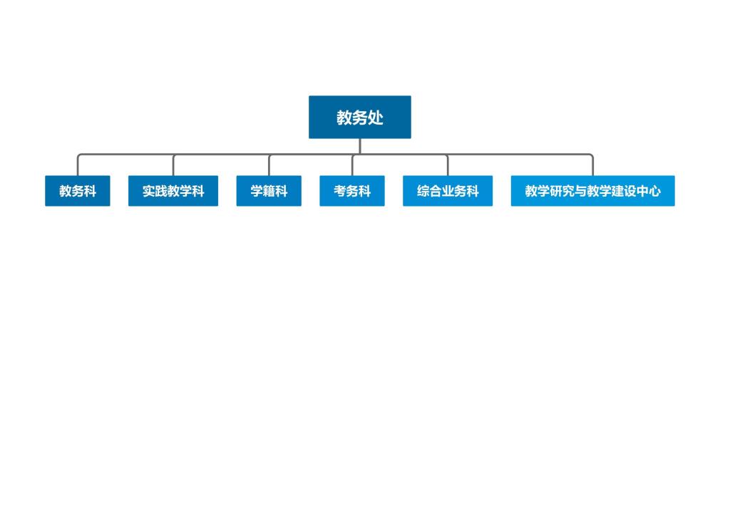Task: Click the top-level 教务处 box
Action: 360,118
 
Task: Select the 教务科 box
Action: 78,191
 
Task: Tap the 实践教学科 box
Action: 173,191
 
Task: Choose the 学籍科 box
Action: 269,191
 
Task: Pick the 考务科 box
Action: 352,191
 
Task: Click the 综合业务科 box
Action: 448,191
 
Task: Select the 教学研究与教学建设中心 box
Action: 592,191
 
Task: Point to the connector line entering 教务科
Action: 78,165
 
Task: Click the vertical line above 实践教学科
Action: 173,165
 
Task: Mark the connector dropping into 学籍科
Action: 269,165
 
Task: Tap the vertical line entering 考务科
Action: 352,165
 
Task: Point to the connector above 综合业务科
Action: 448,165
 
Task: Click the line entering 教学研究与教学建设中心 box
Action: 592,165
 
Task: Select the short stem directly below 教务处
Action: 360,146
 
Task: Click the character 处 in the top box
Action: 376,118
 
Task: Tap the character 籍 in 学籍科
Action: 269,191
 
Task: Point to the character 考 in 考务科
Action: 340,191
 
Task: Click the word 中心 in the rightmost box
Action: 649,191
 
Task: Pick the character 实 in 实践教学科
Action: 148,191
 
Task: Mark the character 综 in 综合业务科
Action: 423,191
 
